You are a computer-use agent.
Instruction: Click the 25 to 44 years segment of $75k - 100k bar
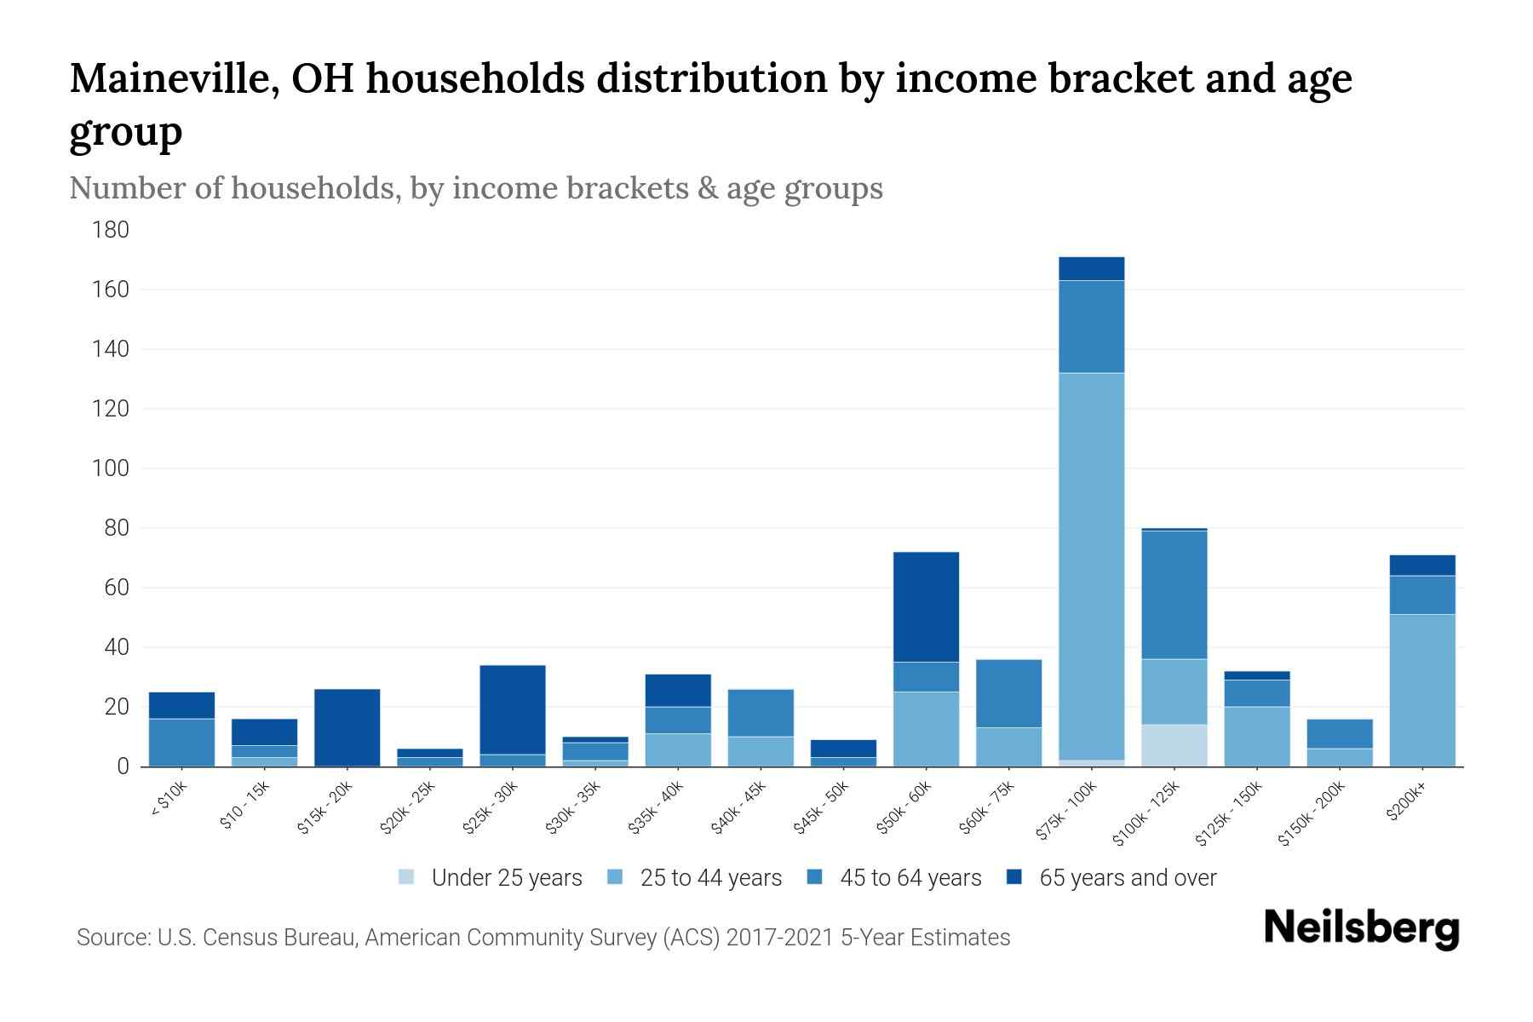pyautogui.click(x=1091, y=566)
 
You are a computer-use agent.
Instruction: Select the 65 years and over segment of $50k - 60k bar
pyautogui.click(x=926, y=607)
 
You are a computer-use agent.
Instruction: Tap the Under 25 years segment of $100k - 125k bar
pyautogui.click(x=1174, y=745)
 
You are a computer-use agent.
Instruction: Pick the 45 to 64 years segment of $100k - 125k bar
pyautogui.click(x=1174, y=594)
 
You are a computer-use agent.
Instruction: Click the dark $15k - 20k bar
pyautogui.click(x=347, y=727)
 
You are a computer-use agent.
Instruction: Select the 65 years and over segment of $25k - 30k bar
pyautogui.click(x=512, y=709)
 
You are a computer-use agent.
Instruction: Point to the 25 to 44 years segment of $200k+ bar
pyautogui.click(x=1421, y=690)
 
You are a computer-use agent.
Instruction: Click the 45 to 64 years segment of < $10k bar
pyautogui.click(x=181, y=742)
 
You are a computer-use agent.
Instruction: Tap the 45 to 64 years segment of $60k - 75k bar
pyautogui.click(x=1008, y=693)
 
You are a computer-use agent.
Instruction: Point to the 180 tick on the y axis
pyautogui.click(x=111, y=230)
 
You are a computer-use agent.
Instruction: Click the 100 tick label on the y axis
pyautogui.click(x=111, y=468)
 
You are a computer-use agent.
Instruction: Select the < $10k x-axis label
pyautogui.click(x=169, y=801)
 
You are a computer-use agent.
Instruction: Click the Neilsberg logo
pyautogui.click(x=1361, y=928)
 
